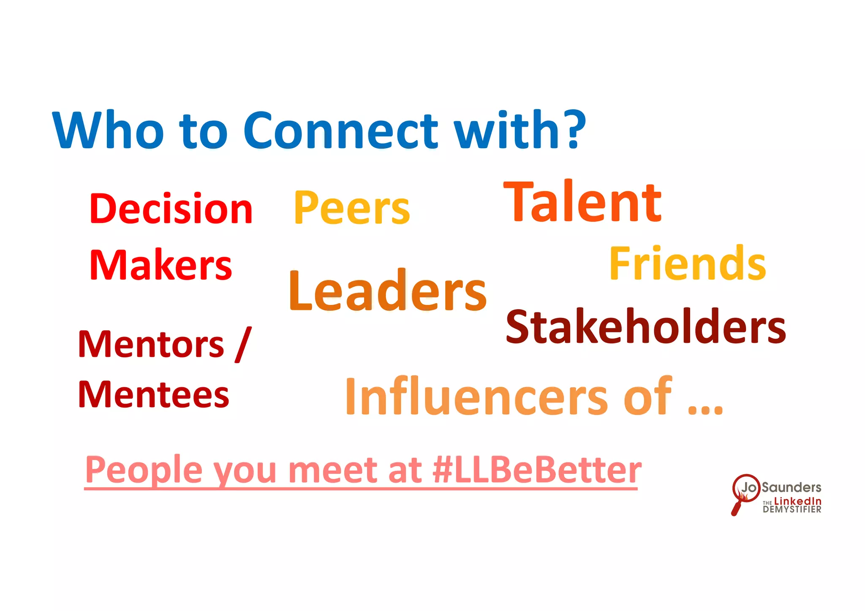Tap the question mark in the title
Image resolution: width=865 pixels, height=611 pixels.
574,129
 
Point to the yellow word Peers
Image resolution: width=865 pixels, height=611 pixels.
352,208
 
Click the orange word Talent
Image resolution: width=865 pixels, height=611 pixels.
582,201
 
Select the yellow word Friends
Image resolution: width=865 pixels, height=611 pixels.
688,263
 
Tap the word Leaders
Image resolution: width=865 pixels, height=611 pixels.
388,291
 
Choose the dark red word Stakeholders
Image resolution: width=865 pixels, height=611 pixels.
646,327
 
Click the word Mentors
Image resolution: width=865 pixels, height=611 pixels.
151,345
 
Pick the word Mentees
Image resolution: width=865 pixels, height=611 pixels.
154,394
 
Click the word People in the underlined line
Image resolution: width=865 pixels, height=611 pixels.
144,470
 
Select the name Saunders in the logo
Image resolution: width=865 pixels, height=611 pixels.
792,487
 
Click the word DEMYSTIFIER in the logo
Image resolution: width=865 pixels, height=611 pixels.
792,510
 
